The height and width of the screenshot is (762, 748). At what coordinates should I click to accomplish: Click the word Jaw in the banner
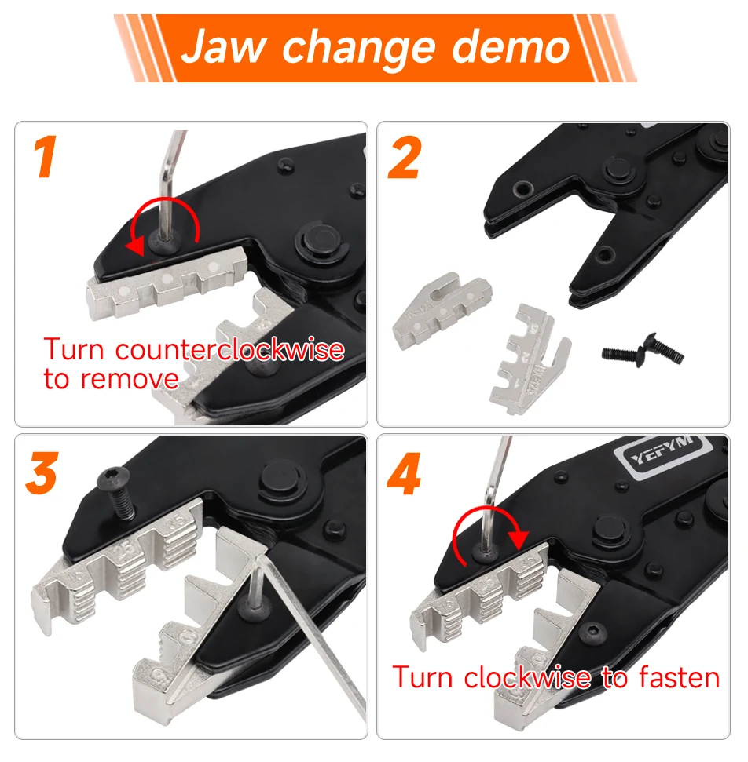click(x=223, y=46)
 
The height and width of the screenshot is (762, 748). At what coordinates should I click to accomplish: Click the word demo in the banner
click(x=511, y=46)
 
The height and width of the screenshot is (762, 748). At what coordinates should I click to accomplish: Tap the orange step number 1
click(x=46, y=156)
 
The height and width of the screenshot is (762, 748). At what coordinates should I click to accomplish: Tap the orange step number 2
click(x=404, y=157)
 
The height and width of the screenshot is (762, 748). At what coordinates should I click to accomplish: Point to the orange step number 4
click(x=404, y=473)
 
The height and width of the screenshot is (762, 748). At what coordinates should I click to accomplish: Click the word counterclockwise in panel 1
click(x=229, y=349)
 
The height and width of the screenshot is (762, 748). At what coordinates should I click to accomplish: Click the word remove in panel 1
click(x=130, y=379)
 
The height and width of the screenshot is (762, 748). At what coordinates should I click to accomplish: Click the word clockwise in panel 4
click(x=527, y=677)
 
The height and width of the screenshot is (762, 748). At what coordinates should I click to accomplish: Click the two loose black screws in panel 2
click(x=643, y=350)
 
